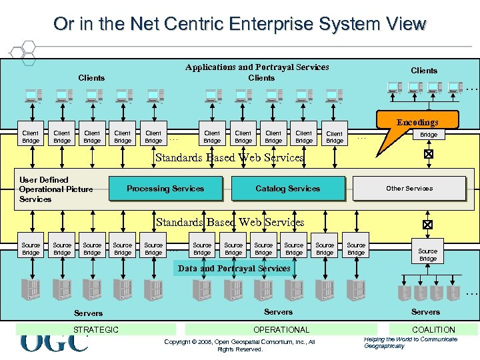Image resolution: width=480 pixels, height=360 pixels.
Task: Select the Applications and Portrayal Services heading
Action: (257, 67)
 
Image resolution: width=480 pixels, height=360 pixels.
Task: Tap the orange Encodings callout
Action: (417, 122)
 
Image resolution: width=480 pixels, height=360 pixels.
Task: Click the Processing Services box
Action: (165, 189)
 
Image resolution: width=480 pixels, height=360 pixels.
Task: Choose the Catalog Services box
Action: (287, 189)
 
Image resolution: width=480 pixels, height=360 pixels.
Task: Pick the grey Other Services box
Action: (409, 189)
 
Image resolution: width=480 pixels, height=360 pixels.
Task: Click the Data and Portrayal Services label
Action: (234, 269)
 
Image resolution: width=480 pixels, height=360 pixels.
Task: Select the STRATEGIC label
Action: (96, 329)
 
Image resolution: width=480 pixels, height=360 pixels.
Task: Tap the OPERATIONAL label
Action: (281, 329)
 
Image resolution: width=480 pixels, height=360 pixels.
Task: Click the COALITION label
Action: (433, 329)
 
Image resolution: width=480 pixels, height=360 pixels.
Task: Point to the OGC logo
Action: (53, 343)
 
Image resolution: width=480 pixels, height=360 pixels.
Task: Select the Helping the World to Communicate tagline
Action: (411, 342)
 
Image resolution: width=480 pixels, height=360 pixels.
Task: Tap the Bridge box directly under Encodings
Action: (429, 135)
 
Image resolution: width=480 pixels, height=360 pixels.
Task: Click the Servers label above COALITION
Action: (425, 312)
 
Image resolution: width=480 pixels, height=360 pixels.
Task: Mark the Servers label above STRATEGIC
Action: (88, 313)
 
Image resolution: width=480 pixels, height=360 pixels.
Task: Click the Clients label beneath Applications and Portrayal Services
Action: (261, 78)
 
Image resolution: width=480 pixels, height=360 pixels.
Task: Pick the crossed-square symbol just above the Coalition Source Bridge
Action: (428, 225)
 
